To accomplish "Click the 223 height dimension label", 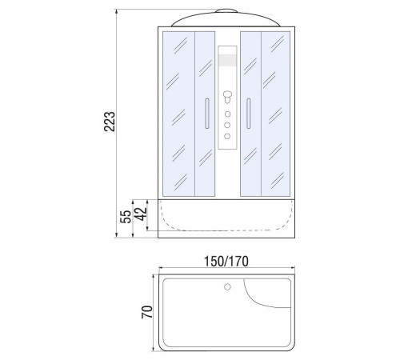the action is (110, 122).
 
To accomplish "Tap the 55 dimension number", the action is (126, 217).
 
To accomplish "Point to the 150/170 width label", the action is (226, 262).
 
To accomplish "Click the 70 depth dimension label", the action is (147, 312).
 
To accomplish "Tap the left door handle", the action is (207, 114).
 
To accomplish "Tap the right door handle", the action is (249, 114).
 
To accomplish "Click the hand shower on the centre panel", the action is (227, 97).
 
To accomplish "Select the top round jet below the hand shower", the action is (227, 114).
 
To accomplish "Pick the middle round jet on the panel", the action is (227, 125).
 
